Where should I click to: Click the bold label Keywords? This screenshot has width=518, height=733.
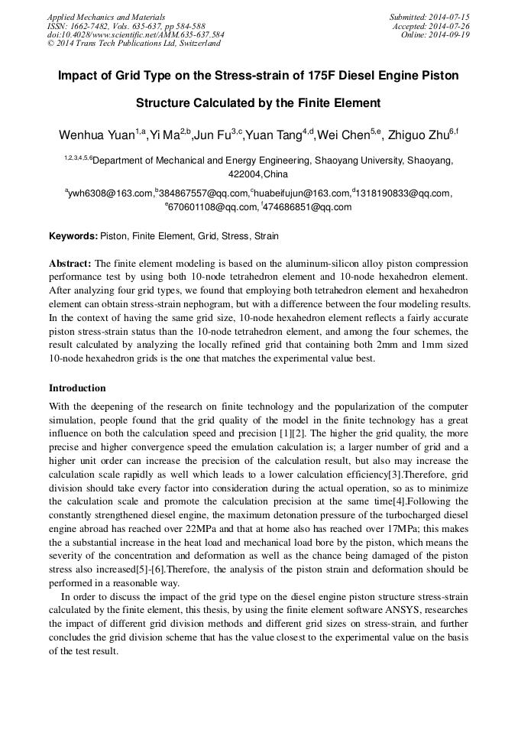click(x=73, y=236)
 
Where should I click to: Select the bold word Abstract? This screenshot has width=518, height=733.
click(x=70, y=261)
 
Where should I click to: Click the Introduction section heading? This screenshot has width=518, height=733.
click(x=77, y=388)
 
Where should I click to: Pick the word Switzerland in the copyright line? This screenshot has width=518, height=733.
click(x=197, y=44)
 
